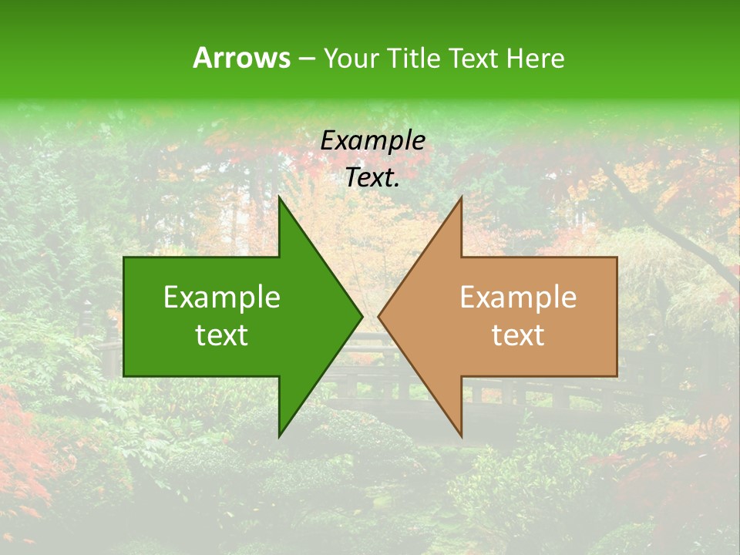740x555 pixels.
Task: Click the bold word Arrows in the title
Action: [241, 58]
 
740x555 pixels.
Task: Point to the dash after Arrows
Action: [306, 59]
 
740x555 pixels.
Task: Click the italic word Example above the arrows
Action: [373, 141]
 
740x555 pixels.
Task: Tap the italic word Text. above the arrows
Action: [373, 178]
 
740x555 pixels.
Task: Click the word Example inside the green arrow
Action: [222, 298]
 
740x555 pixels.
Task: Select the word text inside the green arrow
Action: [222, 335]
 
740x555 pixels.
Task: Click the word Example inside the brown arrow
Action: [518, 298]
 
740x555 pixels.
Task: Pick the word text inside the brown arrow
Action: [518, 335]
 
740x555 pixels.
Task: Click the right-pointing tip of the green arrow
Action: [362, 316]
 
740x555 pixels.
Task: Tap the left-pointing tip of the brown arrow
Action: [378, 316]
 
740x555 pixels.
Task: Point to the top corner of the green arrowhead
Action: [279, 197]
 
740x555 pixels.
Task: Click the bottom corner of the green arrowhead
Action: [279, 436]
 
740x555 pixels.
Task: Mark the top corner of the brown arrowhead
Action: [461, 197]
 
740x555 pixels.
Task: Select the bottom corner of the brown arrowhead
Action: [461, 436]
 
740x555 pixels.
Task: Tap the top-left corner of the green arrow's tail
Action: [124, 257]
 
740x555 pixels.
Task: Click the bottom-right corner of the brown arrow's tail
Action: [617, 376]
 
